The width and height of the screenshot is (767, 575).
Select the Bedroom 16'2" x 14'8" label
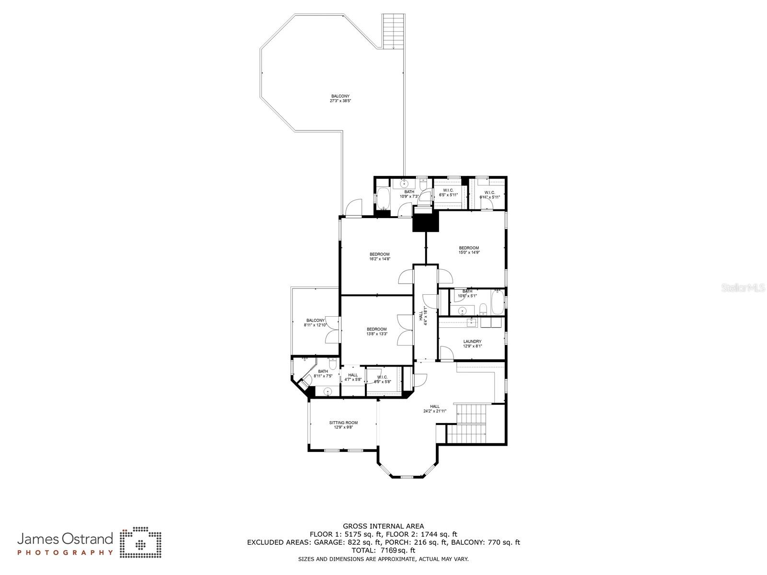tap(379, 256)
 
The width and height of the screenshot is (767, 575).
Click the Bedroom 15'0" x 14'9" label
tap(469, 250)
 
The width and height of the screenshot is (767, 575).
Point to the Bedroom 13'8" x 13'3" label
tap(377, 332)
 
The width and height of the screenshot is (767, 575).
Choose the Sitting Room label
tap(343, 425)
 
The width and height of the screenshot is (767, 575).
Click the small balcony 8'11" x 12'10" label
tap(315, 323)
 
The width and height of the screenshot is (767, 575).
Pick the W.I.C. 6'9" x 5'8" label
tap(383, 379)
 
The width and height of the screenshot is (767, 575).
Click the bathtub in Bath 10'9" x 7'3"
tap(383, 198)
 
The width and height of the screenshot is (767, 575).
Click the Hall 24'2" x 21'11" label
tap(435, 409)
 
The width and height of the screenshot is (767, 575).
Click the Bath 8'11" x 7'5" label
tap(323, 374)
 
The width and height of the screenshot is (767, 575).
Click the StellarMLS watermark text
tap(745, 288)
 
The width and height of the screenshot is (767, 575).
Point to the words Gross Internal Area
tap(383, 526)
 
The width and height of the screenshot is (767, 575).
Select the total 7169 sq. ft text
tap(383, 551)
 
